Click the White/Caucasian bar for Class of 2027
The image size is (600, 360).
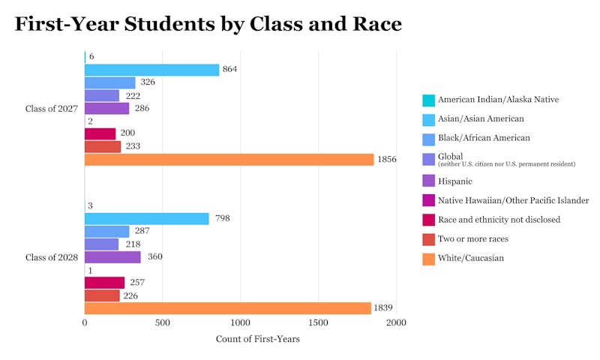[x=229, y=160]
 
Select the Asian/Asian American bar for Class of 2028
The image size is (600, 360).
[x=147, y=219]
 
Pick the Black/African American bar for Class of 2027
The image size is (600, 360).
[x=110, y=82]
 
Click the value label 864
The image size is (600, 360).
[x=229, y=69]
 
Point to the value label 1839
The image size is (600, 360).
[x=383, y=308]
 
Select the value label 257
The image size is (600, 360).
[x=136, y=283]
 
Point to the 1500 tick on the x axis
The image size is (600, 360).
[x=318, y=322]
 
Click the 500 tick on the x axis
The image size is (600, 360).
[x=163, y=322]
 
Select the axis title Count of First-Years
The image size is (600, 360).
[x=257, y=339]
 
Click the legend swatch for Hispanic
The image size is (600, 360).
[x=428, y=181]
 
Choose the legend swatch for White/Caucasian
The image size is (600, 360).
[x=428, y=258]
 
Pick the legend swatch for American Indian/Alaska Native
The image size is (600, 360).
[x=428, y=100]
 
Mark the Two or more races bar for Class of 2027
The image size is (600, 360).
[x=103, y=147]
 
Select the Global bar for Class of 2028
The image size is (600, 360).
[x=101, y=244]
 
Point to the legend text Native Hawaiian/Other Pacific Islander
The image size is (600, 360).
[x=513, y=200]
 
